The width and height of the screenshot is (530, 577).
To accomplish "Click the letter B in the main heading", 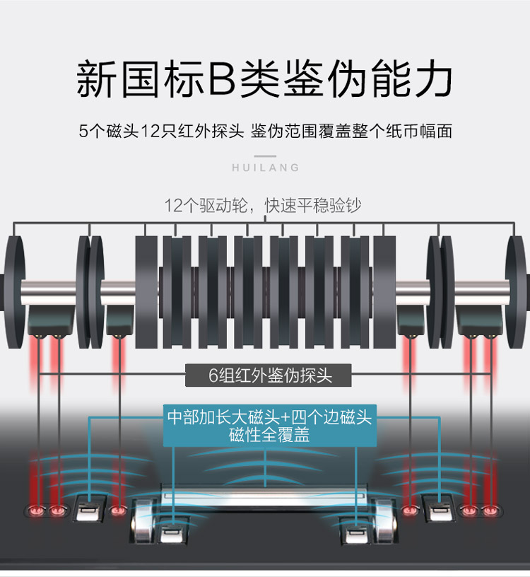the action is (x=223, y=78).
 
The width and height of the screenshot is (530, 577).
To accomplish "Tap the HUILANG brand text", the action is (x=266, y=168).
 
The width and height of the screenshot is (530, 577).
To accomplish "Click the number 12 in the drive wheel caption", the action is (x=173, y=206).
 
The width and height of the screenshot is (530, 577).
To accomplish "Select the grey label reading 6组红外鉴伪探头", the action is (x=268, y=375).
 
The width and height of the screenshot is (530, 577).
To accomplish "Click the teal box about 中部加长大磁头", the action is (x=270, y=426).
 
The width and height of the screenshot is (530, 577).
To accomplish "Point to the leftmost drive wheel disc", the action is (x=14, y=292).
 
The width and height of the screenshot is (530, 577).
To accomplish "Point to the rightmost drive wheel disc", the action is (x=516, y=292).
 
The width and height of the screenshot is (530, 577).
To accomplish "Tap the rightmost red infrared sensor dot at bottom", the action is (x=490, y=511).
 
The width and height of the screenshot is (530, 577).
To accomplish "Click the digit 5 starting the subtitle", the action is (x=83, y=131).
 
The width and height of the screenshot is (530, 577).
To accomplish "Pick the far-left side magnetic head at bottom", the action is (x=90, y=508).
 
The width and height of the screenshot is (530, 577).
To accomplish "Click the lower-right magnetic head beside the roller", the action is (x=355, y=530).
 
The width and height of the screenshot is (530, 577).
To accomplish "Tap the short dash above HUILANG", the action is (x=265, y=156).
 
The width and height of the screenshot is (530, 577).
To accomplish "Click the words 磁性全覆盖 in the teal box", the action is (x=269, y=435).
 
